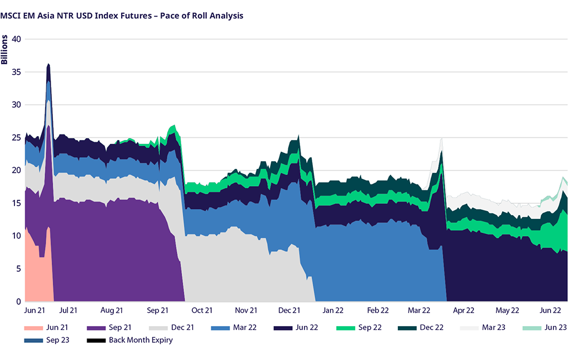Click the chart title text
(122, 15)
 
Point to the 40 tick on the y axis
(16, 39)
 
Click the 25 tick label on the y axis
(16, 137)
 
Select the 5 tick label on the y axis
(18, 268)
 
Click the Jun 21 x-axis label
(35, 310)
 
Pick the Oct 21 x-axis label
(202, 310)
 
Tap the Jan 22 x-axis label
(333, 310)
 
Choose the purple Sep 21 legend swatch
(96, 327)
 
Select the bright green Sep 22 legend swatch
(346, 327)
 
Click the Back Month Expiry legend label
(141, 340)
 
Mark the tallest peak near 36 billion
(48, 64)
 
